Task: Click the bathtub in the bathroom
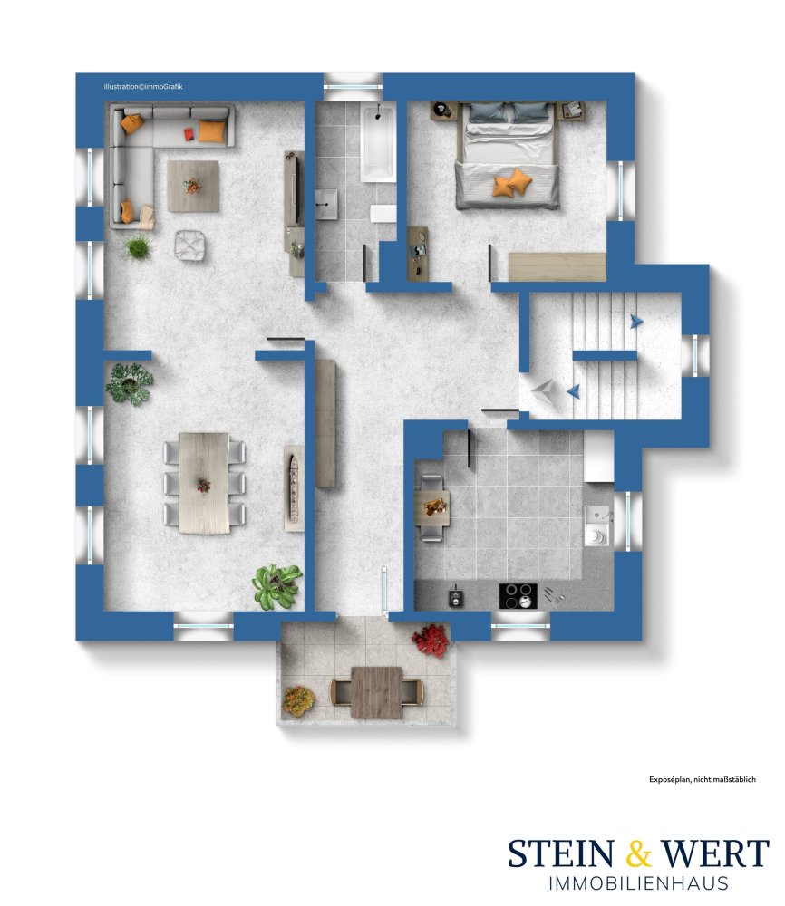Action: (378, 141)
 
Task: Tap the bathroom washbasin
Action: (326, 204)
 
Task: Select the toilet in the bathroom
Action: (383, 213)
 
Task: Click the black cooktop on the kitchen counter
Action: (518, 596)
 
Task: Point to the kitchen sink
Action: (597, 525)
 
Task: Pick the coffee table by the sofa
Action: (193, 186)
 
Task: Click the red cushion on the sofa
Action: (189, 134)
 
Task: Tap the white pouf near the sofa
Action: (190, 245)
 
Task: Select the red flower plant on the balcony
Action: (431, 640)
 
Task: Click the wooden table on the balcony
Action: (377, 692)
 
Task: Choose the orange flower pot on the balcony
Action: (298, 701)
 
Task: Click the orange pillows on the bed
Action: (512, 183)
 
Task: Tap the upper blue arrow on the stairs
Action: (635, 322)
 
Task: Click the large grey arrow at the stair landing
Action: (543, 392)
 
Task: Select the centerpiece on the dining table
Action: (203, 485)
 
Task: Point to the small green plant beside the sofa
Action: (138, 248)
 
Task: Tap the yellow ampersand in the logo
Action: (638, 853)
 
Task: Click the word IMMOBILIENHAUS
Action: (638, 883)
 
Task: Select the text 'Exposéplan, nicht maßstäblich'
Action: (703, 779)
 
